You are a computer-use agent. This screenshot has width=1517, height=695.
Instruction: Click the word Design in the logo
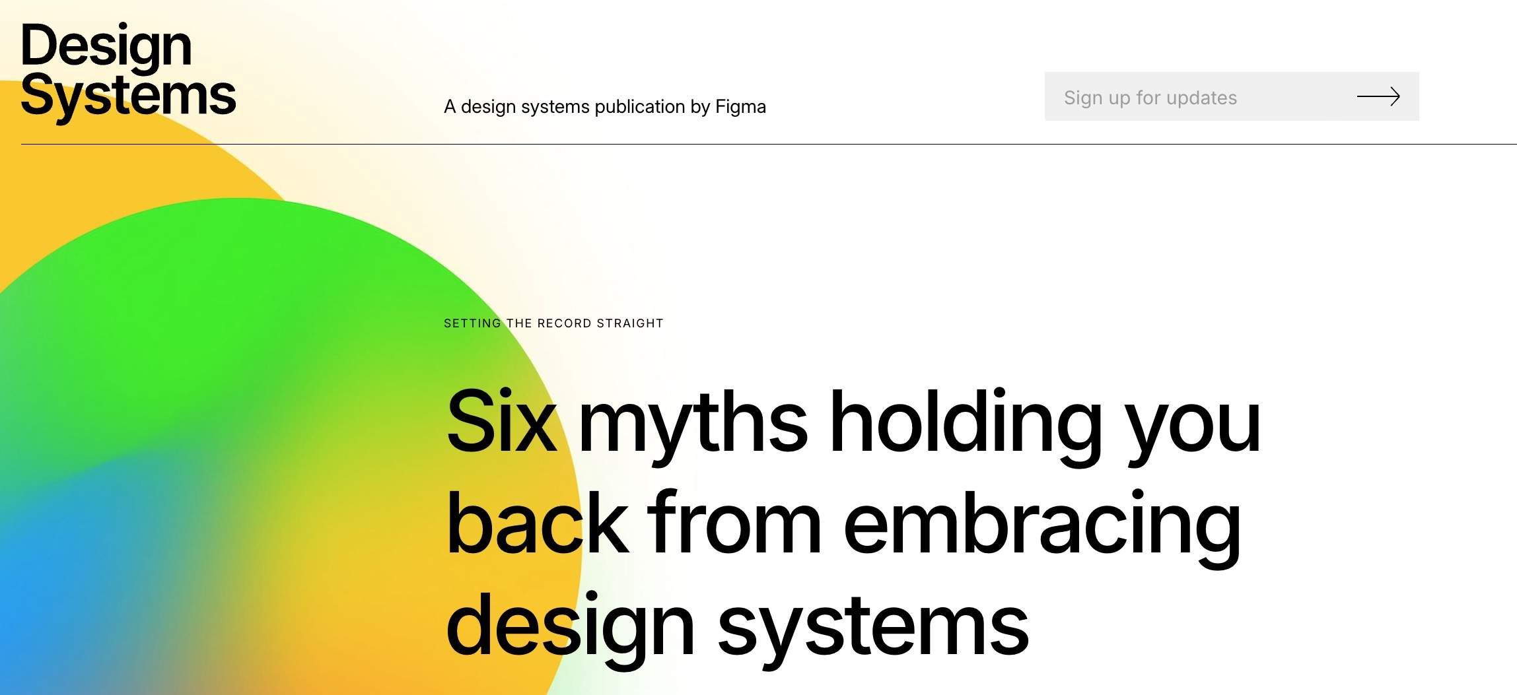[x=106, y=47]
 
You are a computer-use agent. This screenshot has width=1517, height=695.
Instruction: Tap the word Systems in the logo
[x=128, y=97]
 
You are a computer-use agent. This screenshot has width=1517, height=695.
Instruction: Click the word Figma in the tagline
[x=740, y=108]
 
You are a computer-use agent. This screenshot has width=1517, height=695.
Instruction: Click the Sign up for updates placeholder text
[x=1150, y=98]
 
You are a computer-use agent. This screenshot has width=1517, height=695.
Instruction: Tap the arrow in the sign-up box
[x=1378, y=96]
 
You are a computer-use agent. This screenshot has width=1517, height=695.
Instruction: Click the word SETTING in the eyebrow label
[x=472, y=323]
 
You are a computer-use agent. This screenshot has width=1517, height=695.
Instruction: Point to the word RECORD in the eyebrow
[x=564, y=323]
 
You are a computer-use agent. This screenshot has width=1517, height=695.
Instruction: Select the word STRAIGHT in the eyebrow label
[x=630, y=323]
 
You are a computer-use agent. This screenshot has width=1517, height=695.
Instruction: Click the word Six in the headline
[x=501, y=421]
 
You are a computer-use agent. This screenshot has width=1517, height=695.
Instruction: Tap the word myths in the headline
[x=693, y=426]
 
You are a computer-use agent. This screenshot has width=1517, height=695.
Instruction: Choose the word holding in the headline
[x=966, y=426]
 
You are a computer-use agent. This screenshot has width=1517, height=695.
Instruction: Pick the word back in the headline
[x=538, y=521]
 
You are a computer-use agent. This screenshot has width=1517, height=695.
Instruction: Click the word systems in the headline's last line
[x=873, y=630]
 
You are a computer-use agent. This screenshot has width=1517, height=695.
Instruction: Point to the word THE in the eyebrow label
[x=519, y=323]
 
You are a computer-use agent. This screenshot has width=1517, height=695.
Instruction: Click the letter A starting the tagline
[x=450, y=107]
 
